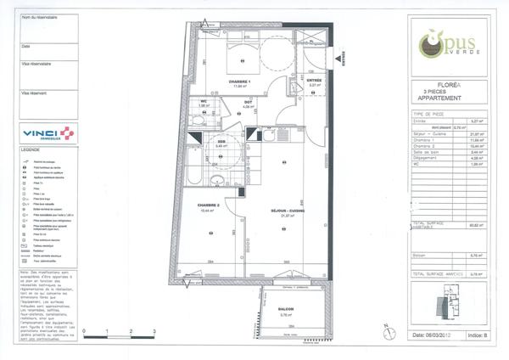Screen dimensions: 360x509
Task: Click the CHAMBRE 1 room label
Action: [x=242, y=82]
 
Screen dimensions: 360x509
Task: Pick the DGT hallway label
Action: [x=249, y=103]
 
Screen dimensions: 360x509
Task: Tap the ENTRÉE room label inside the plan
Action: [x=315, y=81]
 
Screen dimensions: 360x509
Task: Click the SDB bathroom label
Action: [x=221, y=143]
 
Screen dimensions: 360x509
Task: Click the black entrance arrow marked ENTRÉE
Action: [x=343, y=56]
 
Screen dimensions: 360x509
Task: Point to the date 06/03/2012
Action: [x=434, y=335]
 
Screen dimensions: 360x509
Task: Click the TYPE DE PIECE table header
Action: [x=430, y=113]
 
